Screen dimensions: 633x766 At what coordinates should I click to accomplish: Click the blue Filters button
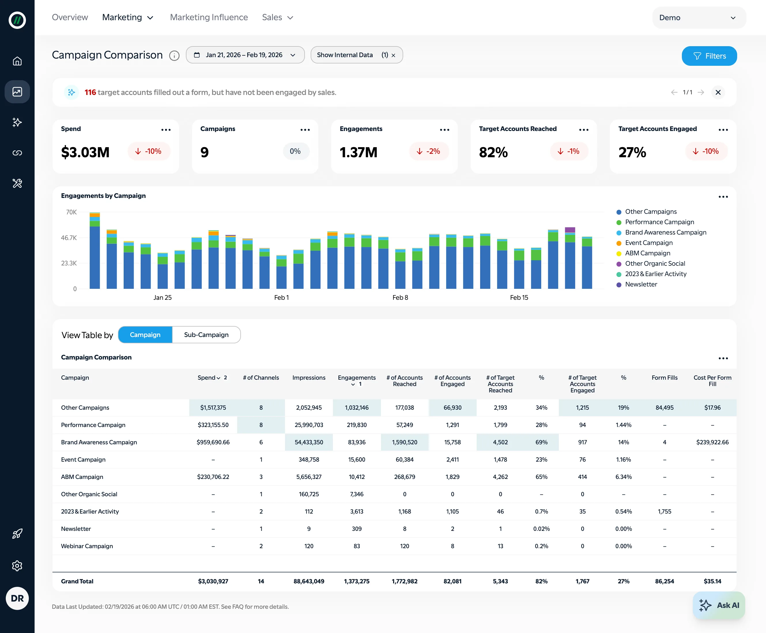pyautogui.click(x=709, y=56)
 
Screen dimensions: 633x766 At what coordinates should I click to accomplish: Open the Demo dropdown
pyautogui.click(x=698, y=18)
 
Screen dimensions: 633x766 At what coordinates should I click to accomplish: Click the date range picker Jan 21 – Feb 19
pyautogui.click(x=245, y=55)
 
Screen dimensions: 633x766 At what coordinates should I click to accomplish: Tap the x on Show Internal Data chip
pyautogui.click(x=393, y=55)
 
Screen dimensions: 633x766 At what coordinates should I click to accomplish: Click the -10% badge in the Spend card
pyautogui.click(x=149, y=151)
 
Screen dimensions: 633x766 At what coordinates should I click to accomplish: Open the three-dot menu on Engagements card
pyautogui.click(x=444, y=130)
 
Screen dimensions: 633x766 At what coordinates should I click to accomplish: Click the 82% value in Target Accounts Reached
pyautogui.click(x=493, y=152)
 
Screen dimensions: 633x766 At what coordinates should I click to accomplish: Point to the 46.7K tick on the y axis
pyautogui.click(x=69, y=238)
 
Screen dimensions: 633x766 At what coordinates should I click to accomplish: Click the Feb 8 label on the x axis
pyautogui.click(x=400, y=297)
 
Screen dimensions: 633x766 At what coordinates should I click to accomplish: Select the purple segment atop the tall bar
pyautogui.click(x=570, y=230)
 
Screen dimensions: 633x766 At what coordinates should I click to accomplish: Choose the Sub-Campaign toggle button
pyautogui.click(x=206, y=335)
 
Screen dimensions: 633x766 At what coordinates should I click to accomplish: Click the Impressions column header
pyautogui.click(x=309, y=378)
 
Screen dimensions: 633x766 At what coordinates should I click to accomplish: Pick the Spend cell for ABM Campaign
pyautogui.click(x=213, y=477)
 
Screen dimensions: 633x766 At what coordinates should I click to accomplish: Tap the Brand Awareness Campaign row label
pyautogui.click(x=99, y=442)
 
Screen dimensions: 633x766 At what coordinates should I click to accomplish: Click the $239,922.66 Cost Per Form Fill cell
pyautogui.click(x=712, y=442)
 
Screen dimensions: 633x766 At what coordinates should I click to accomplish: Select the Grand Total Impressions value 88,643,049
pyautogui.click(x=309, y=581)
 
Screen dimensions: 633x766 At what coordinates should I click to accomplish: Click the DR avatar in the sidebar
pyautogui.click(x=17, y=598)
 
